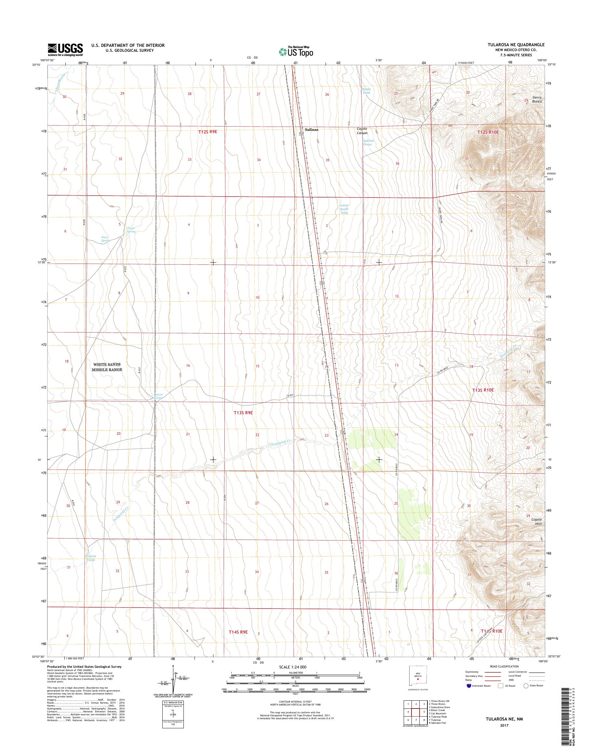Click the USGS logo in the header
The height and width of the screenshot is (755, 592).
[x=65, y=49]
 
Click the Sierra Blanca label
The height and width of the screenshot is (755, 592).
[x=533, y=100]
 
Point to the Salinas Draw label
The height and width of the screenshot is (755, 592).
[x=368, y=142]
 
